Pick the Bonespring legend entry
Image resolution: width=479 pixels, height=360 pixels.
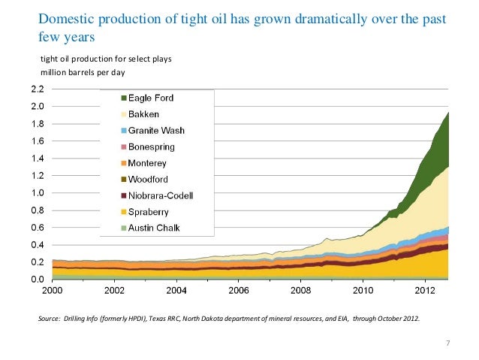(152, 147)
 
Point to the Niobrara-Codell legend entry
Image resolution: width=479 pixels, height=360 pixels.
(161, 196)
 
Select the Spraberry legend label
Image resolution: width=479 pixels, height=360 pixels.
(149, 212)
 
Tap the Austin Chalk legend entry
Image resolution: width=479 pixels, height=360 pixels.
(155, 228)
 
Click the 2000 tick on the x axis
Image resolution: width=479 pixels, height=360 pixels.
(52, 290)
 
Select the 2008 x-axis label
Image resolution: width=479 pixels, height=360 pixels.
(300, 290)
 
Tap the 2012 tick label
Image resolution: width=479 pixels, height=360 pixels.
(425, 290)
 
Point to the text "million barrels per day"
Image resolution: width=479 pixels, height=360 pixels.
(83, 72)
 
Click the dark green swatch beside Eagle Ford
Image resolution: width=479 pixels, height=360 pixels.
(123, 98)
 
